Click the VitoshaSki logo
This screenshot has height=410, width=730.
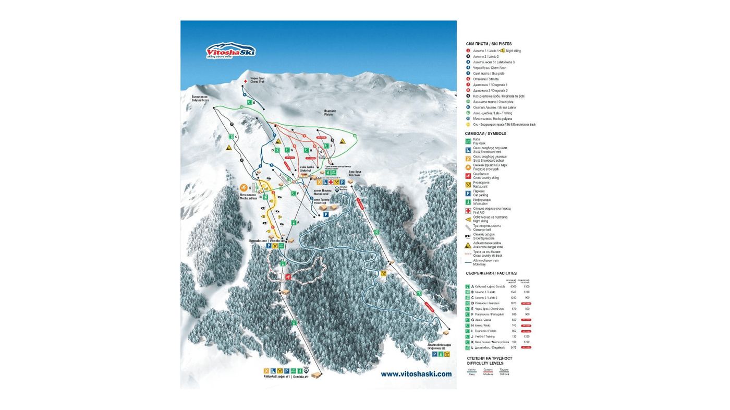tap(230, 51)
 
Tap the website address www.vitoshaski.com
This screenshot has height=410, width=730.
tap(416, 374)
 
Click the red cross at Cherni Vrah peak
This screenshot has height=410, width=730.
tap(245, 81)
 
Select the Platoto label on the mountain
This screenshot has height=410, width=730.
tap(328, 112)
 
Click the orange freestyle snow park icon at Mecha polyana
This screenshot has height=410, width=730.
tap(243, 187)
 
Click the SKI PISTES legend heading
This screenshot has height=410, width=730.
tap(489, 44)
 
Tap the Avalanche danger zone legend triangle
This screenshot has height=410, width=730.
tap(468, 245)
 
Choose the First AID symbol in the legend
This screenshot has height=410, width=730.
tap(468, 211)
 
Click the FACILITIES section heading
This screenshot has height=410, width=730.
tap(491, 273)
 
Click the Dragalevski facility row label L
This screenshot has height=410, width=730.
tap(472, 347)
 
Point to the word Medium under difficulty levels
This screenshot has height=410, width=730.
tap(488, 374)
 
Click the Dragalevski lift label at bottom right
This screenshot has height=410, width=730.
tap(440, 346)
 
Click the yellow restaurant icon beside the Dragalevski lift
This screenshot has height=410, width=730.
tap(384, 273)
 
